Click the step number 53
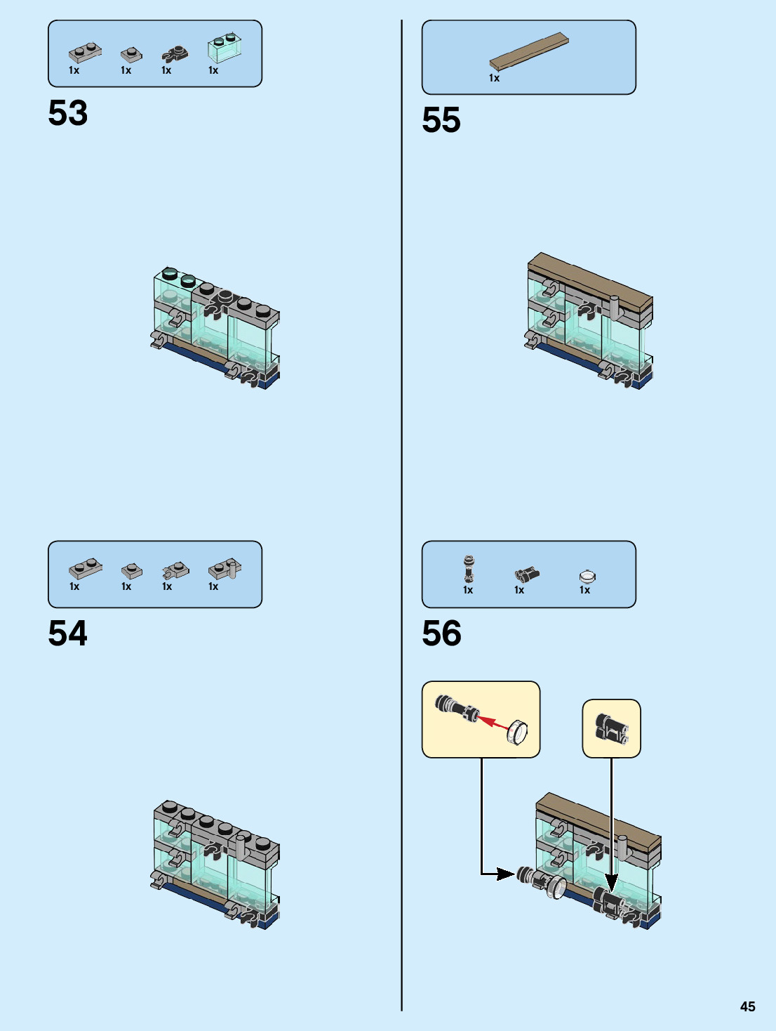68,113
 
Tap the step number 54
68,633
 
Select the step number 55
441,120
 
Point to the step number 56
441,633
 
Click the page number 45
747,1006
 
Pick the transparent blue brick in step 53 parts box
225,47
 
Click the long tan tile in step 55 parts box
528,51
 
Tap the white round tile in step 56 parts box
587,577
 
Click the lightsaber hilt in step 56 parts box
468,568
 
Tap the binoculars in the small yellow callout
611,728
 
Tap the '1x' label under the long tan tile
494,78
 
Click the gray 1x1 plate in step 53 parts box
131,54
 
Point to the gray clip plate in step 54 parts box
175,570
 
